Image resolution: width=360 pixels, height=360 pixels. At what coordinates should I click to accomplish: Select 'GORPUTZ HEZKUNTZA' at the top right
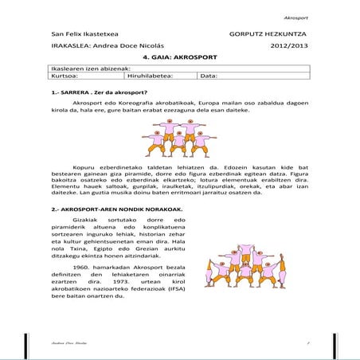click(267, 35)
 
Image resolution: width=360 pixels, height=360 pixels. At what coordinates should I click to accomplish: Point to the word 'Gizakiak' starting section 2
click(86, 220)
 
